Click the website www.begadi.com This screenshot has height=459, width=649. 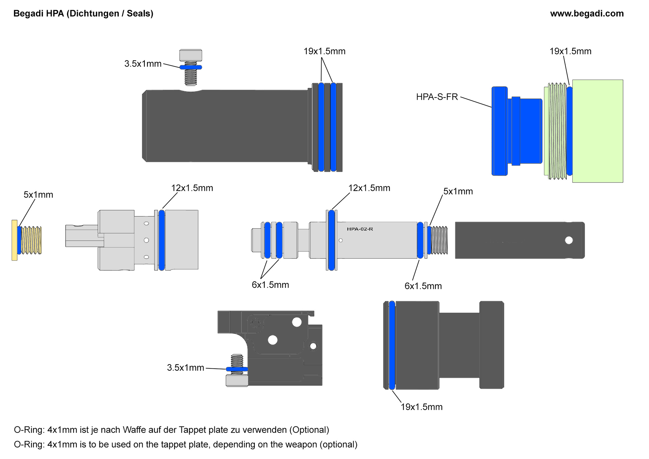pyautogui.click(x=586, y=14)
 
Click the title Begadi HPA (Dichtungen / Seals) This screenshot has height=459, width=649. pyautogui.click(x=83, y=14)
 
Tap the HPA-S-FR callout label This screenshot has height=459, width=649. pyautogui.click(x=437, y=97)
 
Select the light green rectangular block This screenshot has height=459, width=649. pyautogui.click(x=597, y=131)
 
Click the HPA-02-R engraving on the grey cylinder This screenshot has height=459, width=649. pyautogui.click(x=360, y=229)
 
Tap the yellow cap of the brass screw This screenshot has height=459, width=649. pyautogui.click(x=15, y=240)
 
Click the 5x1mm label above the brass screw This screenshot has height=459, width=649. pyautogui.click(x=38, y=195)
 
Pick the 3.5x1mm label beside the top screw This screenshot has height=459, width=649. pyautogui.click(x=143, y=64)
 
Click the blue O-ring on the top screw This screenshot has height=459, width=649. pyautogui.click(x=191, y=67)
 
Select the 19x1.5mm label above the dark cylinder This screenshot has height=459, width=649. pyautogui.click(x=324, y=51)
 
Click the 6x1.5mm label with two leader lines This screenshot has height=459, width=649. pyautogui.click(x=270, y=285)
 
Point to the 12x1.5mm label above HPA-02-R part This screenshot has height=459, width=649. pyautogui.click(x=369, y=188)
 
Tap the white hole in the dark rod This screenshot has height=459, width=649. pyautogui.click(x=569, y=240)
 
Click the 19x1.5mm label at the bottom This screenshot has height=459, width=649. pyautogui.click(x=422, y=407)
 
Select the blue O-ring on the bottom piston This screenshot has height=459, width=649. pyautogui.click(x=392, y=345)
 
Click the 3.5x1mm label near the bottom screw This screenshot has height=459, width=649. pyautogui.click(x=185, y=368)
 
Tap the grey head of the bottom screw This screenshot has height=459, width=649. pyautogui.click(x=237, y=381)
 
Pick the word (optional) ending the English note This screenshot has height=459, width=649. pyautogui.click(x=338, y=444)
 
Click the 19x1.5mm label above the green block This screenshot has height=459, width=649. pyautogui.click(x=570, y=51)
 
